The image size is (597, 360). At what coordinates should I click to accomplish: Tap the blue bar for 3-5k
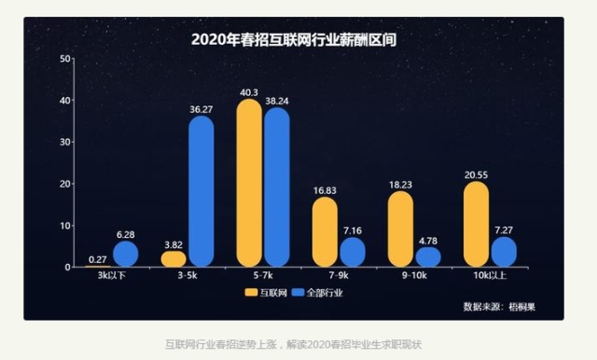click(x=201, y=191)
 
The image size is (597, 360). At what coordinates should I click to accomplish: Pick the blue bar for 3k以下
click(x=126, y=254)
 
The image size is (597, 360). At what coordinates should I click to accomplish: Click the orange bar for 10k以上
click(x=476, y=224)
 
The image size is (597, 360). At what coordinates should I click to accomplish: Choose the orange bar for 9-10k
click(x=400, y=228)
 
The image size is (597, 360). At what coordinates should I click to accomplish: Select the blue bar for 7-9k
click(x=353, y=252)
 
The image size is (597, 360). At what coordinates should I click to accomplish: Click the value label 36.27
click(x=201, y=108)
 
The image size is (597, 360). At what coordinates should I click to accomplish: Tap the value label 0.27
click(x=97, y=258)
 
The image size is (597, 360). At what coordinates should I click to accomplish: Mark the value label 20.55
click(x=476, y=173)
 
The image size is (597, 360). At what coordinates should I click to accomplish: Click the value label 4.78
click(x=428, y=240)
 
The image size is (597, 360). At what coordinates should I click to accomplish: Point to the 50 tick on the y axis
click(x=65, y=59)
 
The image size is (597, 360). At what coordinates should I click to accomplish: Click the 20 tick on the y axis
click(x=65, y=184)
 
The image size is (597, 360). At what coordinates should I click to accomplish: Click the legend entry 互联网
click(x=266, y=293)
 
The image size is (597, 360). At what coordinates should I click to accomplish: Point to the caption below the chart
click(x=294, y=343)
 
